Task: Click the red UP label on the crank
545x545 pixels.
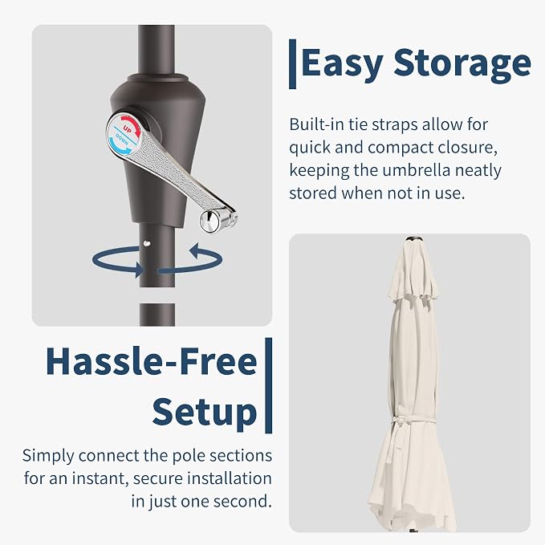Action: pos(127,131)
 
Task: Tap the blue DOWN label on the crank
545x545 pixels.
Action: pos(122,140)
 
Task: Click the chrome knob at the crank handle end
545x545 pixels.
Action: pos(209,222)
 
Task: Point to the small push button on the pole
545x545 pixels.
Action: pos(147,244)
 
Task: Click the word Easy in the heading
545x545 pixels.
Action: pos(343,63)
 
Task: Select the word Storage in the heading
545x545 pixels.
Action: pos(462,63)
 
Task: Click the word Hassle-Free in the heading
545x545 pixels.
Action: pos(151,361)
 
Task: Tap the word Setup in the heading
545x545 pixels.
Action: pos(205,413)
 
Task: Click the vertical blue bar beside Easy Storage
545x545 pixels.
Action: pos(293,64)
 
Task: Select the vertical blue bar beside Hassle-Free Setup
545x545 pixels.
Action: pos(268,385)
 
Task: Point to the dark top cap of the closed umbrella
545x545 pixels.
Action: pos(414,238)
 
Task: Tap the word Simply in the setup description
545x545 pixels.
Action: pos(48,456)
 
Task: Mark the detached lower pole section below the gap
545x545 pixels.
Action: pos(157,315)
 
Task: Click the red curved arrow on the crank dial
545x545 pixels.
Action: pos(132,124)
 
